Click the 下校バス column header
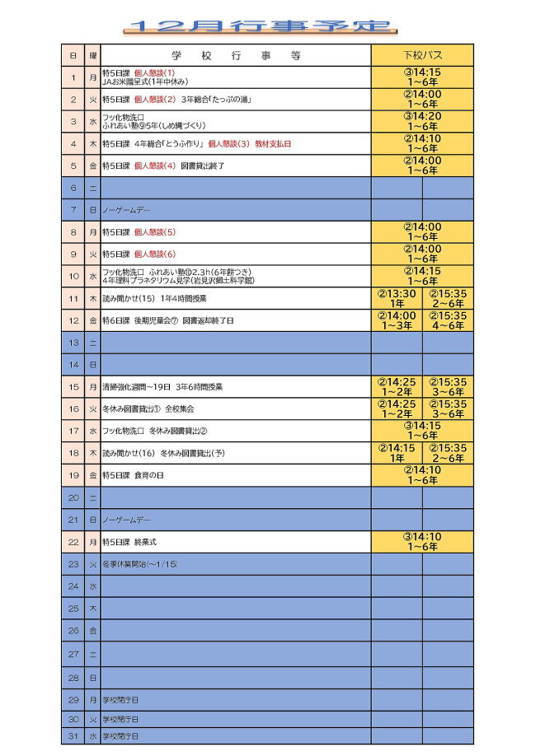coord(422,55)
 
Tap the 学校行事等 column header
coord(236,55)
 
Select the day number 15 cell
coord(73,386)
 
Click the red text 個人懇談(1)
coord(154,73)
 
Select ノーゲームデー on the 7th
coord(126,211)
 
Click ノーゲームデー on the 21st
coord(126,520)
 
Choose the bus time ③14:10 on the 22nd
coord(422,537)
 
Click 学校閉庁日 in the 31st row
coord(120,735)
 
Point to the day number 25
coord(73,609)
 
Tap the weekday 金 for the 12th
coord(92,320)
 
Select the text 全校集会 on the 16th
coord(180,408)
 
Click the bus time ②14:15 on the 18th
coord(397,448)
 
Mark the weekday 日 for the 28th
coord(92,677)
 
